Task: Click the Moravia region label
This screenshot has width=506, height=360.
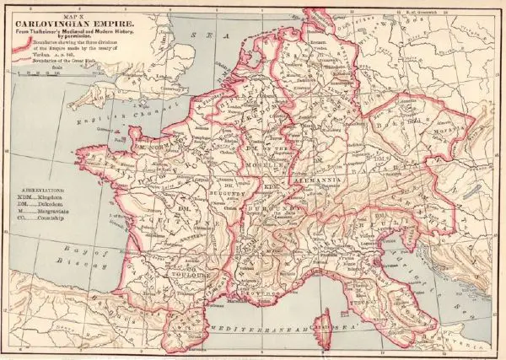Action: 442,134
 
